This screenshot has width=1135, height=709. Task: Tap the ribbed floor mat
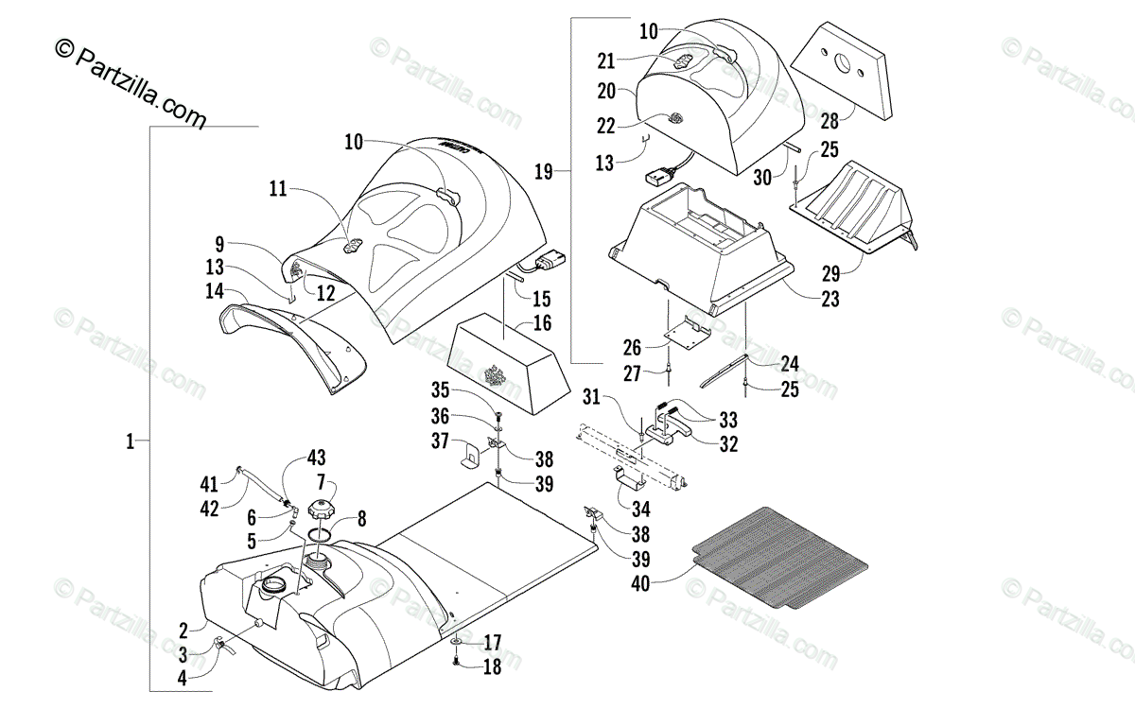click(780, 557)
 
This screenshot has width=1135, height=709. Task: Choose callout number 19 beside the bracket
click(543, 172)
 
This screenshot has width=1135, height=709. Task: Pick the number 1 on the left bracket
click(130, 441)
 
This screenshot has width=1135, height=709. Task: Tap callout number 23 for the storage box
click(829, 301)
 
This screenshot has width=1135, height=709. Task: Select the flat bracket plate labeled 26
click(688, 333)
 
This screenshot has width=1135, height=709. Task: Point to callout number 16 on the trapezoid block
click(542, 323)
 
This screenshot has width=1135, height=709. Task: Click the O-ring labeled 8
click(320, 535)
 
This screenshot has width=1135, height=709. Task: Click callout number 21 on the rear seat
click(606, 61)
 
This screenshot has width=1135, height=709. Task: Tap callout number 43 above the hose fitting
click(315, 459)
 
